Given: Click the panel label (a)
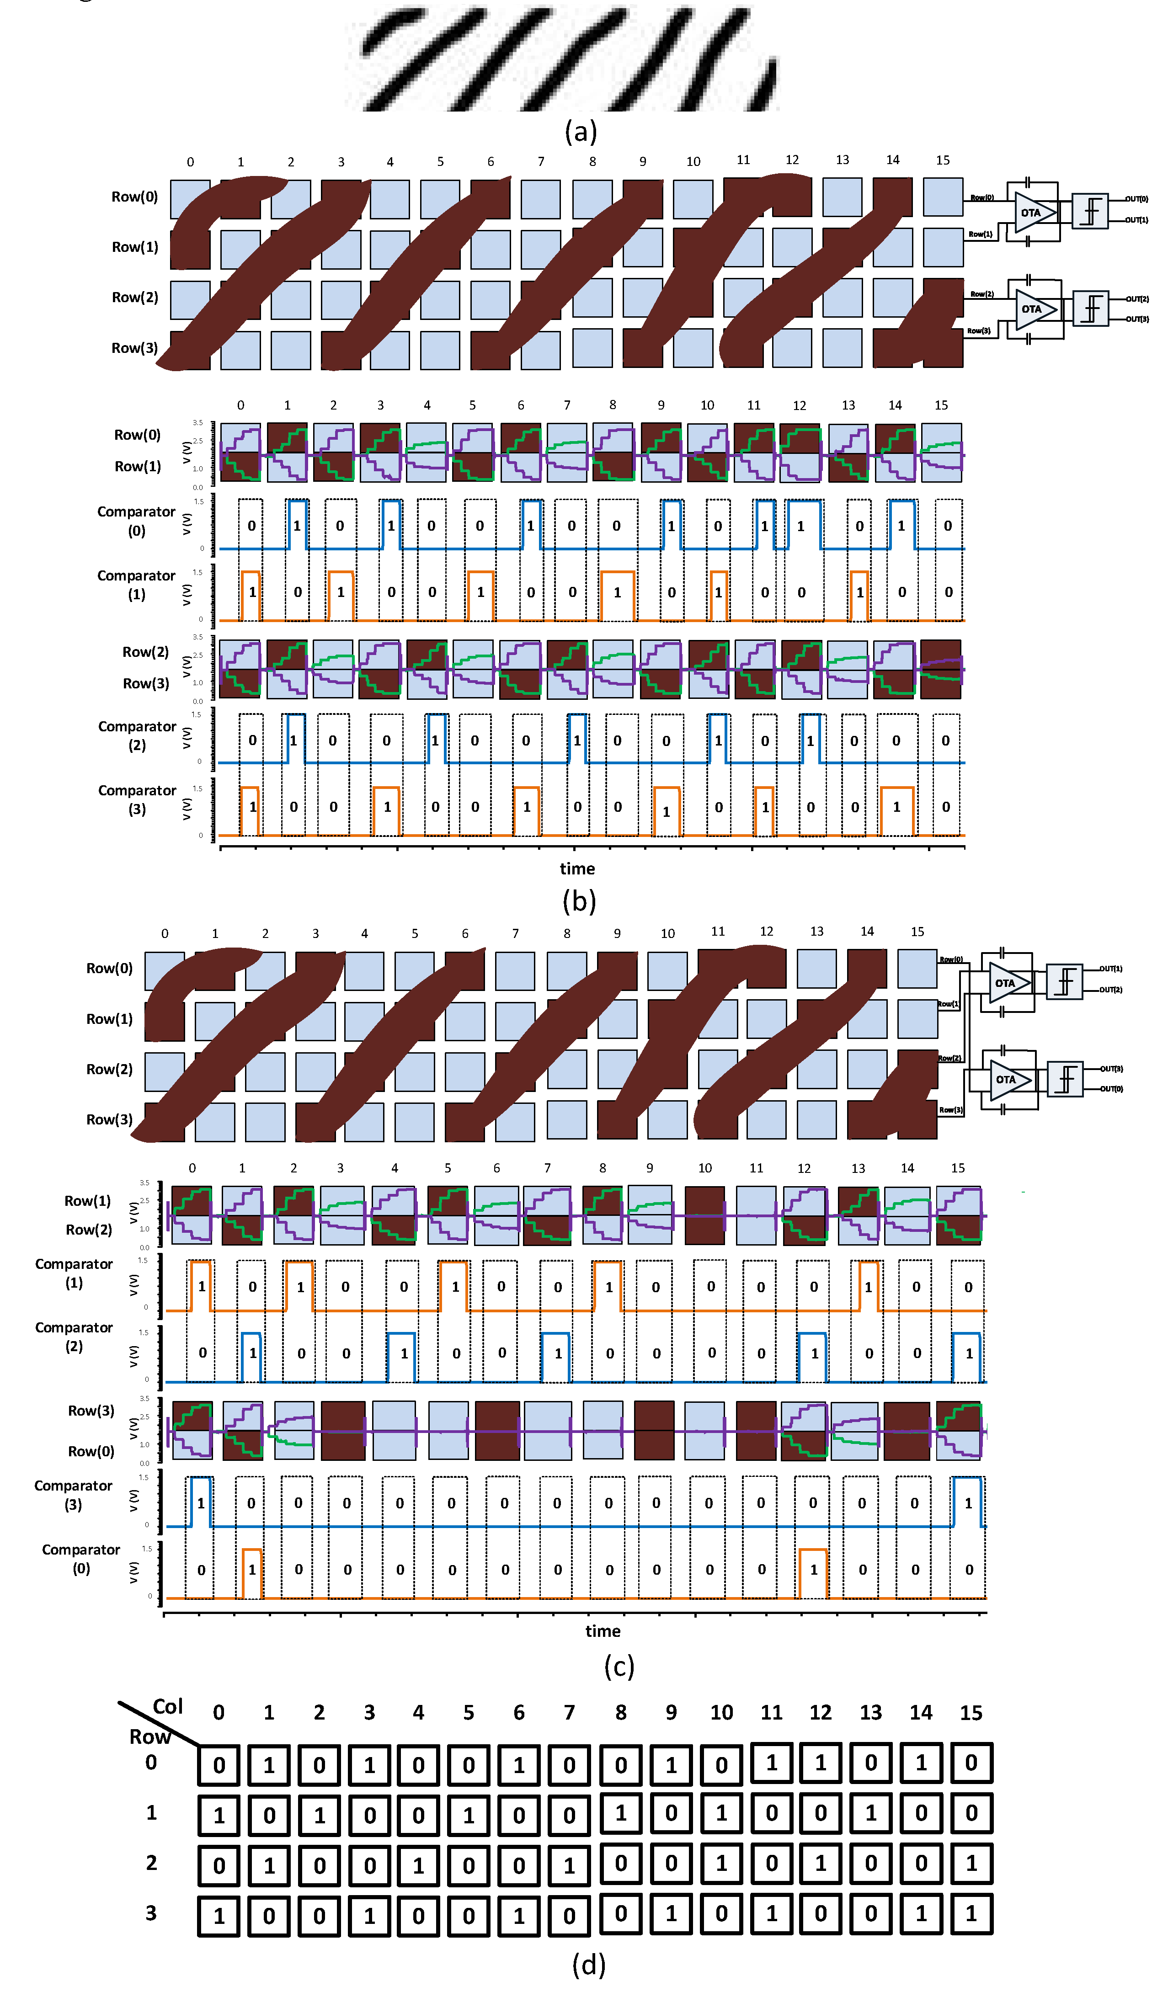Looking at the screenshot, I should [581, 131].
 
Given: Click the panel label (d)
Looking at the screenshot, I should [588, 1964].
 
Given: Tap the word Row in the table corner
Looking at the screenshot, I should [149, 1736].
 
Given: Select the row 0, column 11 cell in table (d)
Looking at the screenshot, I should [772, 1762].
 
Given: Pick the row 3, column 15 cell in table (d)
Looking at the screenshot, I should [971, 1914].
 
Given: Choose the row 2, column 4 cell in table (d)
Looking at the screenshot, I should [419, 1865].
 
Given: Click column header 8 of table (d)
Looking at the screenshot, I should [621, 1712].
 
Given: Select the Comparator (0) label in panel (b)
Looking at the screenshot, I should [136, 521].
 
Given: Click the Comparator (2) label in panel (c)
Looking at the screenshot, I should [74, 1336].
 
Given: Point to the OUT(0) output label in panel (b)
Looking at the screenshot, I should [1136, 199].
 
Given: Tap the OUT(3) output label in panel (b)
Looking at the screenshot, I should [1137, 320].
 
